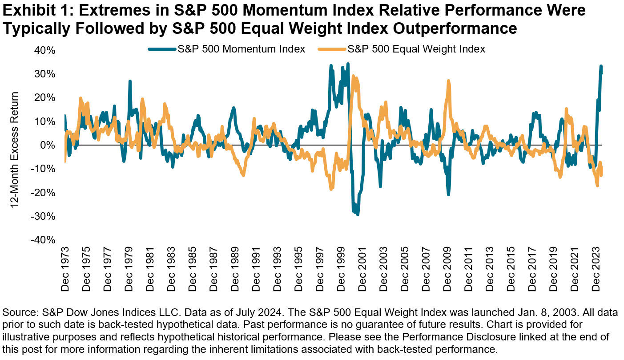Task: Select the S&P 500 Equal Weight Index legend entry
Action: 416,49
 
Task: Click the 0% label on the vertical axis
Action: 48,145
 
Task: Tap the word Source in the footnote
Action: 17,311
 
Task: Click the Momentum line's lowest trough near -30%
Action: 358,214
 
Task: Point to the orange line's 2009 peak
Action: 449,81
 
